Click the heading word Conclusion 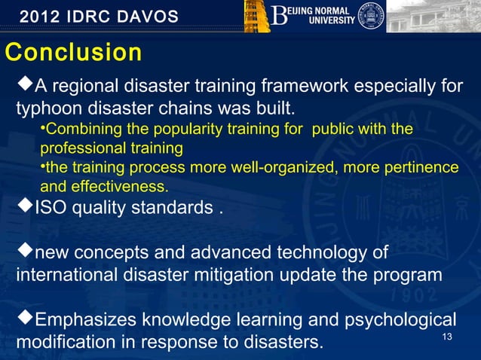pos(73,53)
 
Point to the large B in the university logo pos(280,15)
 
